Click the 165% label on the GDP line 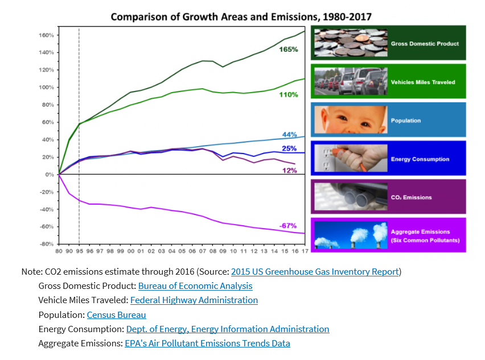click(289, 49)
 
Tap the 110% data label click(289, 94)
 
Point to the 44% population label click(290, 135)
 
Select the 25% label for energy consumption click(289, 148)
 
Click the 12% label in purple click(289, 170)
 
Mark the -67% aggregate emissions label click(288, 226)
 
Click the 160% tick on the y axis click(47, 35)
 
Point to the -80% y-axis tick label click(47, 244)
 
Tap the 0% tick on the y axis click(49, 175)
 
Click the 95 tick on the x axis click(79, 251)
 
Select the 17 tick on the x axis click(305, 251)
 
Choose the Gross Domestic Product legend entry click(425, 44)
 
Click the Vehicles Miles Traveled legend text click(423, 82)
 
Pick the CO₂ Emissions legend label click(411, 198)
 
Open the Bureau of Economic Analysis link click(195, 286)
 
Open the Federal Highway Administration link click(194, 300)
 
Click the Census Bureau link click(116, 315)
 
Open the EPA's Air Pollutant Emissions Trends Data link click(207, 344)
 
